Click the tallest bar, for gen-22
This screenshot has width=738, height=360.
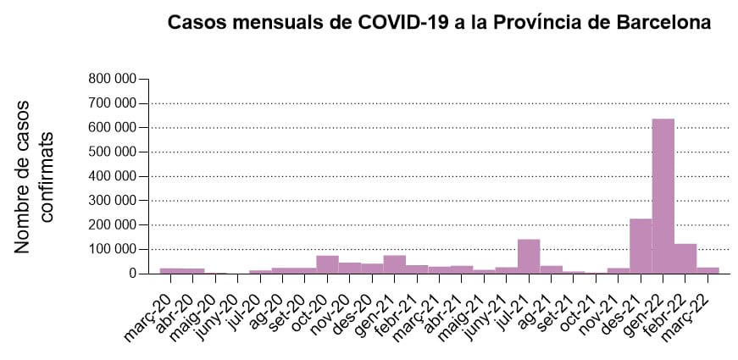pyautogui.click(x=663, y=196)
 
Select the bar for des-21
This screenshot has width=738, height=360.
pyautogui.click(x=641, y=246)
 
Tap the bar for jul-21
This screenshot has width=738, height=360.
pyautogui.click(x=529, y=257)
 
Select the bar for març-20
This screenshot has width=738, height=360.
pyautogui.click(x=170, y=270)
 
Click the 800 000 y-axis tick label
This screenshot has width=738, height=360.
pyautogui.click(x=113, y=79)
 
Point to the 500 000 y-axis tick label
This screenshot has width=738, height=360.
pyautogui.click(x=113, y=152)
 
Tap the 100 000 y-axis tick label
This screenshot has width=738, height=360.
pyautogui.click(x=113, y=250)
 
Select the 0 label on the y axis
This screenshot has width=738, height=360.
pyautogui.click(x=133, y=274)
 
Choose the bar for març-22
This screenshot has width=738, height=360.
pyautogui.click(x=707, y=270)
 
